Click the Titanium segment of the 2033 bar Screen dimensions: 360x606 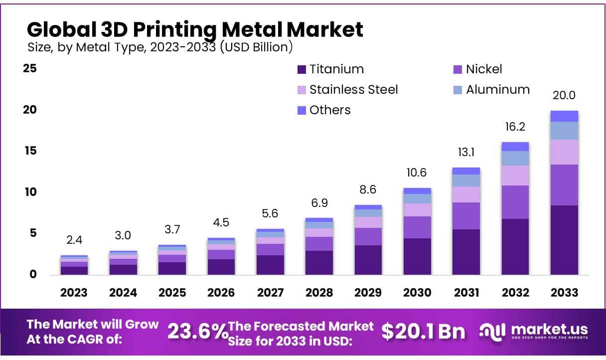point(564,240)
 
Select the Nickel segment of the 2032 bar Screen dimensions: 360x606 point(515,202)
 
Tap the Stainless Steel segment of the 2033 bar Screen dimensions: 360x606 point(564,152)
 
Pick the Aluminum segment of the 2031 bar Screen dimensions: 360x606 point(466,180)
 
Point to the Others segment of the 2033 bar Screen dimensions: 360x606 point(564,116)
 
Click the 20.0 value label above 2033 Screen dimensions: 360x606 point(564,95)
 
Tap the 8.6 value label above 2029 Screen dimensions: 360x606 point(368,189)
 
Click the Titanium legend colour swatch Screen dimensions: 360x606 point(301,69)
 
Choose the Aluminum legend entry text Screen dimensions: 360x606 point(497,90)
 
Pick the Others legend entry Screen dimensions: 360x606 point(329,110)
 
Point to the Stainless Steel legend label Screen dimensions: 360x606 point(353,90)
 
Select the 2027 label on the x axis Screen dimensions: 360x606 point(270,292)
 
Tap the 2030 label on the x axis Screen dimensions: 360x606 point(417,292)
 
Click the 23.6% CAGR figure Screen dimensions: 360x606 point(196,332)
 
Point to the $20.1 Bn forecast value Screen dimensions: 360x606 point(423,332)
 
